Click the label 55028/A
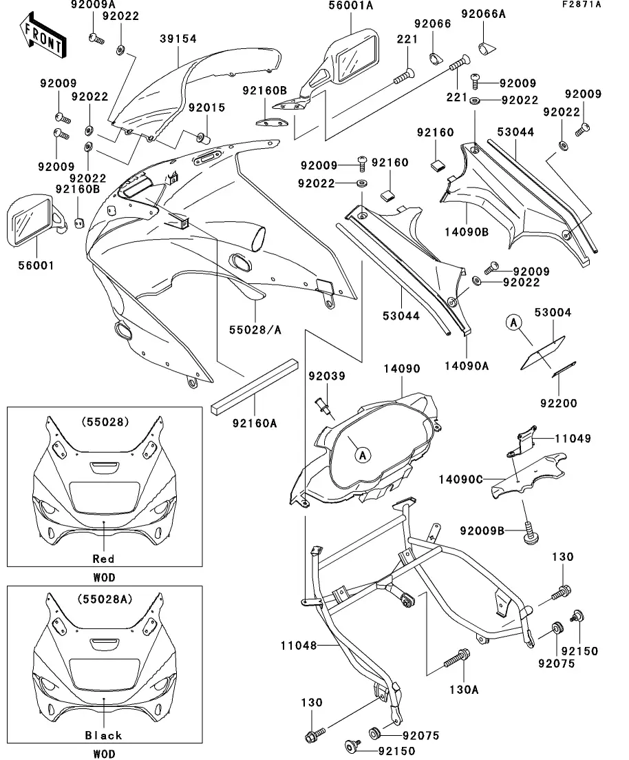click(x=255, y=330)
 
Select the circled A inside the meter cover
click(x=362, y=454)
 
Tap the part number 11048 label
click(x=299, y=646)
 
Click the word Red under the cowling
click(x=104, y=559)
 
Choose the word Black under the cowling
click(x=104, y=735)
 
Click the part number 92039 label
click(x=327, y=376)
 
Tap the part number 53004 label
click(x=552, y=313)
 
